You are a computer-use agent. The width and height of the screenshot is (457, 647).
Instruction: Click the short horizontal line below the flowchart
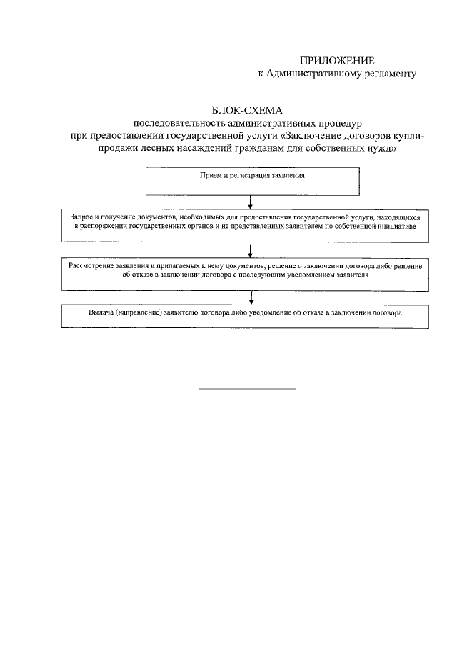click(x=246, y=389)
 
